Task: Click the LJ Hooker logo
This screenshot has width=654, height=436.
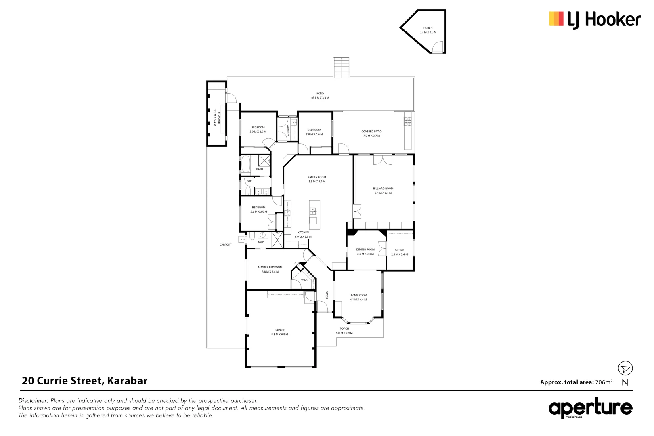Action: (594, 19)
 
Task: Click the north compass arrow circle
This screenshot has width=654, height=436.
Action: (625, 368)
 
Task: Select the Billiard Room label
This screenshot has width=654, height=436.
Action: (383, 189)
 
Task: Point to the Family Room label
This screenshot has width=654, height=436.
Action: (317, 177)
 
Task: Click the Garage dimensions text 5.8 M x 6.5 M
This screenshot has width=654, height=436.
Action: (279, 335)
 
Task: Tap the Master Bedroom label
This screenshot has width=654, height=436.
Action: (270, 267)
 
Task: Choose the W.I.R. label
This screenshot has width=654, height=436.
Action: (304, 280)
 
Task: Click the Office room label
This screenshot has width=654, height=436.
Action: (399, 250)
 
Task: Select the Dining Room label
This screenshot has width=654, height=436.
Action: (365, 249)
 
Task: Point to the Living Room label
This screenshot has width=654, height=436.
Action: (358, 295)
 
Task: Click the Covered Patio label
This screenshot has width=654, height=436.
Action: (371, 132)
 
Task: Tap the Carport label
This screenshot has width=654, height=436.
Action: (226, 245)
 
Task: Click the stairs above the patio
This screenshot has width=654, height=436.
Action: (341, 67)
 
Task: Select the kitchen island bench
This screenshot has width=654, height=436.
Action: (314, 215)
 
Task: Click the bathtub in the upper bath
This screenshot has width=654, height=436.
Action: (246, 166)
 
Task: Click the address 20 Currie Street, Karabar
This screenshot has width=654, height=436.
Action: (84, 381)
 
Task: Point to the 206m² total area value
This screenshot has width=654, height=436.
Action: (603, 382)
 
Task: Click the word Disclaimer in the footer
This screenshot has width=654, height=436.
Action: (33, 401)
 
